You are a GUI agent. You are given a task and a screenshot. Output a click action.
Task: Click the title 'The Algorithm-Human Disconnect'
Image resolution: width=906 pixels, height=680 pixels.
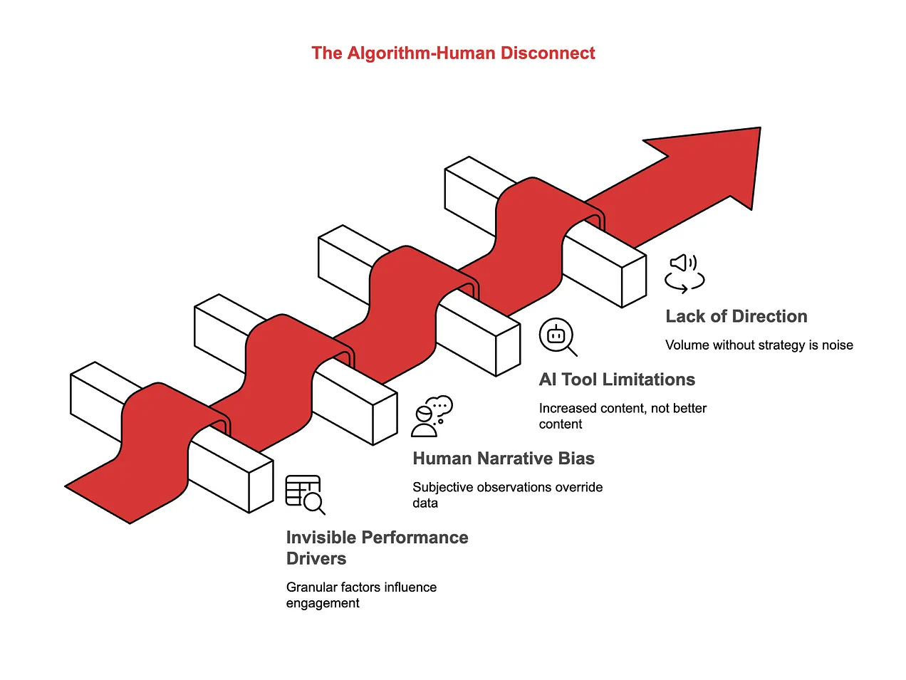[x=453, y=53]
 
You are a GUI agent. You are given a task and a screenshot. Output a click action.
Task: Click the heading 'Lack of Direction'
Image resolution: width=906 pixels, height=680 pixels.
[x=736, y=316]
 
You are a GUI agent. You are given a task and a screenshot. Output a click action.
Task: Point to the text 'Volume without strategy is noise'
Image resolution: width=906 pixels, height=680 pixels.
[x=759, y=345]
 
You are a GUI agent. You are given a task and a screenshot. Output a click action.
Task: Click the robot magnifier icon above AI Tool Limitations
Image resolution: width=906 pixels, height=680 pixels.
[x=558, y=337]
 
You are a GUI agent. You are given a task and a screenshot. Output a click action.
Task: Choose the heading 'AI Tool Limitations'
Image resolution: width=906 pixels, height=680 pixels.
[x=617, y=380]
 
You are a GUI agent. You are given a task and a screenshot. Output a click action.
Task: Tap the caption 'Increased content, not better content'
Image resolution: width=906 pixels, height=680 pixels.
[x=623, y=416]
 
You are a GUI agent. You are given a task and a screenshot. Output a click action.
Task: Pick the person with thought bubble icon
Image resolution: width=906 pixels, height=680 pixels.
[x=432, y=417]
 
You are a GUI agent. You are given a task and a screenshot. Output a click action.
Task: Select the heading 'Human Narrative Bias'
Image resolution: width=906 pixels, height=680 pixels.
[x=504, y=459]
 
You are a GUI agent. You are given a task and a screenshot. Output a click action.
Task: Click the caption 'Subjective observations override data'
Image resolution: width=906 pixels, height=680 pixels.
[x=507, y=495]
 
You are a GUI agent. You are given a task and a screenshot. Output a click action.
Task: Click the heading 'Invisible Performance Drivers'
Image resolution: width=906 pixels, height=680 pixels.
[x=377, y=548]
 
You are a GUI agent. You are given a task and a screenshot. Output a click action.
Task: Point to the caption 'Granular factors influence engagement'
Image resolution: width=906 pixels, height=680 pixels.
[x=361, y=595]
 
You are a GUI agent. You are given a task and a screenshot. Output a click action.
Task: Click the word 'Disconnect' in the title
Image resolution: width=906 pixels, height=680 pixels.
[x=548, y=53]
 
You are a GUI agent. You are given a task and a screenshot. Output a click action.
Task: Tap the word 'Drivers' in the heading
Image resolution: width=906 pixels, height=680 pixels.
[x=316, y=559]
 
